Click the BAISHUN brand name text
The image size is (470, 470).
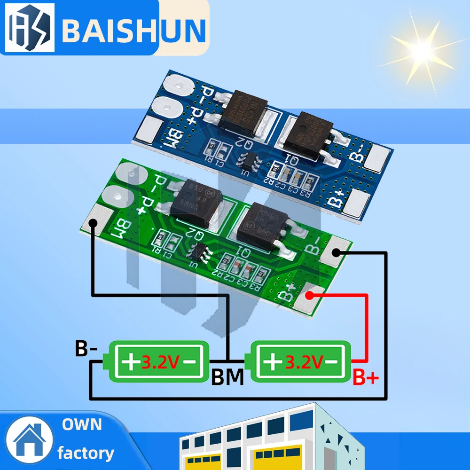click(x=134, y=29)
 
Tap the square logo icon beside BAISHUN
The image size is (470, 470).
click(x=29, y=29)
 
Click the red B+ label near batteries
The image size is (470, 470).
click(x=366, y=377)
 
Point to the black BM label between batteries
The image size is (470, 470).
click(x=227, y=377)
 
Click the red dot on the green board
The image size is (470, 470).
click(x=310, y=295)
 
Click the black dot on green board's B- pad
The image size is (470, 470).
click(x=336, y=253)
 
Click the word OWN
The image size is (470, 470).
click(x=82, y=424)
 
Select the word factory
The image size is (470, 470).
click(x=86, y=453)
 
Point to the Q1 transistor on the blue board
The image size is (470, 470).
click(x=306, y=133)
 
